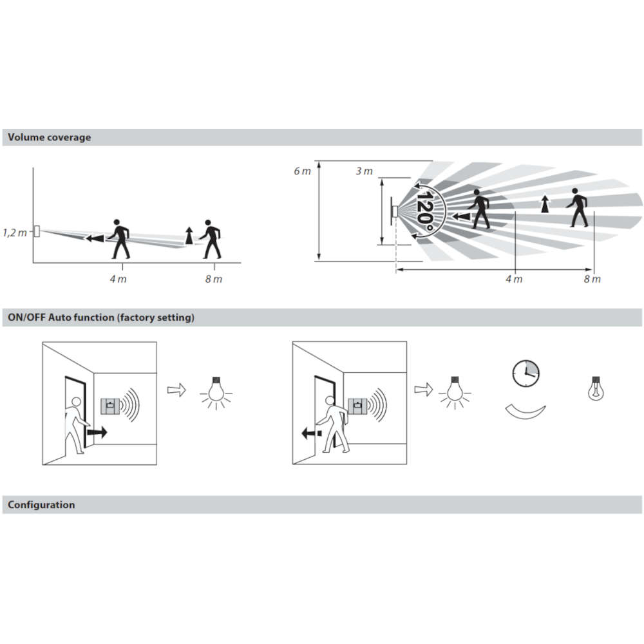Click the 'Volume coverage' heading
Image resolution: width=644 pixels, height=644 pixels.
(x=50, y=137)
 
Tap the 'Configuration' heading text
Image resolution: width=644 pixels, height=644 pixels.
(x=41, y=504)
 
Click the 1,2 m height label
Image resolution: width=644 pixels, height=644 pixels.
(x=15, y=233)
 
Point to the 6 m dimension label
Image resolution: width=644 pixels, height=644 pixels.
(x=302, y=171)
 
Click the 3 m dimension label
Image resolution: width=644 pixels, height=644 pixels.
(x=364, y=171)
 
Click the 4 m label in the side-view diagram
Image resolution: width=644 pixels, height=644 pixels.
(x=118, y=279)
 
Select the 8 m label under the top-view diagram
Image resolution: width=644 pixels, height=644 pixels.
(x=592, y=279)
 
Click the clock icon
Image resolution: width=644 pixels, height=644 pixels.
(x=526, y=374)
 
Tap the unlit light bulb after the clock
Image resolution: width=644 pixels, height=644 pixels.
(x=596, y=388)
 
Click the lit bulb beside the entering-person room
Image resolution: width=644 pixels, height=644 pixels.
(x=216, y=393)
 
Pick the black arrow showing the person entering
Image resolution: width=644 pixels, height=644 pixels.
(x=97, y=432)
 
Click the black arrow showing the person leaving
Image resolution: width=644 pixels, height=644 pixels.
(x=311, y=433)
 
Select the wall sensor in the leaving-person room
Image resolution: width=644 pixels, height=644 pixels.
(x=357, y=406)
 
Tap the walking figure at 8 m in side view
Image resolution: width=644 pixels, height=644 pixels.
(x=211, y=239)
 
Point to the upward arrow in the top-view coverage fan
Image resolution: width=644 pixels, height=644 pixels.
(x=545, y=204)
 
